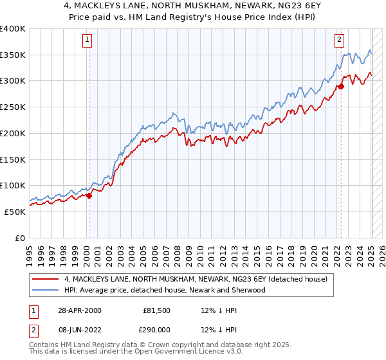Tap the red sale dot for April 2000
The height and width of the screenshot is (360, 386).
point(89,196)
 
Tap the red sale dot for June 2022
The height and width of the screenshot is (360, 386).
point(342,86)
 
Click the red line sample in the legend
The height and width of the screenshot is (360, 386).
point(46,279)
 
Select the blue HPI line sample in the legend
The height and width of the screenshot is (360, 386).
point(46,290)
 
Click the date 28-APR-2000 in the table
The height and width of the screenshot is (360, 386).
point(79,310)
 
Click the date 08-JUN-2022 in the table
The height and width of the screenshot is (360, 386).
point(79,328)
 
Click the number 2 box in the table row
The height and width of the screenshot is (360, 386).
point(33,328)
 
